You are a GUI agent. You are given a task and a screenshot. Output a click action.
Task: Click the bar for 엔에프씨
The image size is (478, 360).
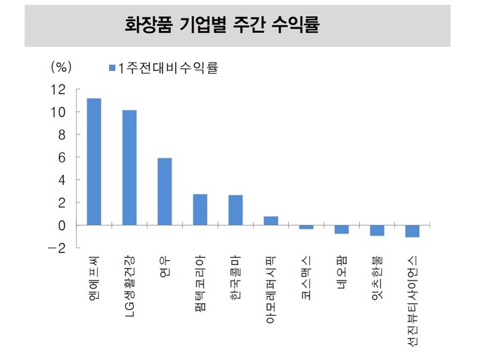tap(93, 162)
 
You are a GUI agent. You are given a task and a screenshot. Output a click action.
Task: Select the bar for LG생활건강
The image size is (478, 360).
tap(129, 167)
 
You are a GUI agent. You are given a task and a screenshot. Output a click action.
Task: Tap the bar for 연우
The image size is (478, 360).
tap(164, 191)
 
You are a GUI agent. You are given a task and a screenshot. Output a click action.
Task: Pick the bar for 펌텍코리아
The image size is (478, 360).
tap(200, 210)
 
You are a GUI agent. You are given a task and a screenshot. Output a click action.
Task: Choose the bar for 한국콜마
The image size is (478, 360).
tap(235, 210)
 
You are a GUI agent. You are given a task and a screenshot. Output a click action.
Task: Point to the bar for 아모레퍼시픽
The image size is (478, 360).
tap(271, 221)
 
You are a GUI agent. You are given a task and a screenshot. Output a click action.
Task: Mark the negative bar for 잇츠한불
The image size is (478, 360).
tap(377, 231)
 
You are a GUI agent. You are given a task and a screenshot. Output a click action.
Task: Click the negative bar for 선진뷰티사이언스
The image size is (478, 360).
tap(413, 231)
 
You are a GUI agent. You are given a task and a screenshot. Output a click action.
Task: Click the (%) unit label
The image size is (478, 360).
tap(60, 67)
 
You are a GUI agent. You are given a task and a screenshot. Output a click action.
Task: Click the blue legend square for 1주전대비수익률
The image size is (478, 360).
tap(112, 68)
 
